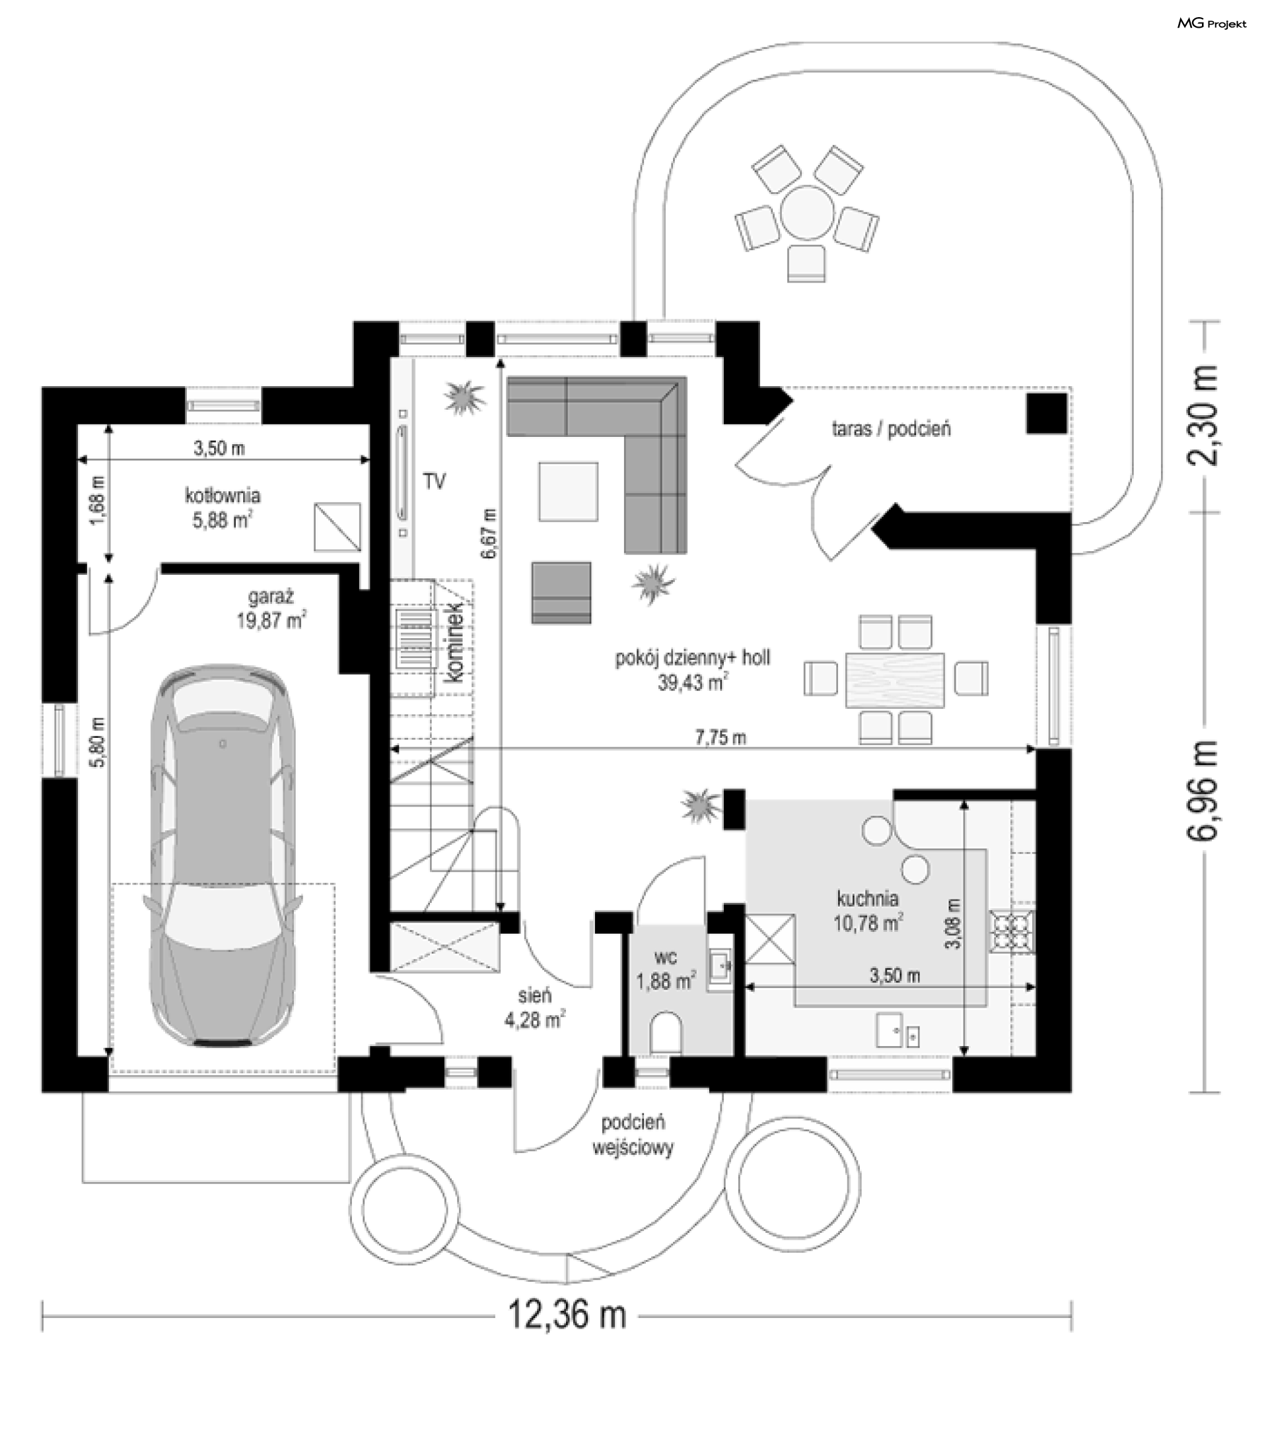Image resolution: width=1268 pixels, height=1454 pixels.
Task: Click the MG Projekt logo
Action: pos(1211,24)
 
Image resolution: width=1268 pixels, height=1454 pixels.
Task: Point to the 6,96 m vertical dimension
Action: pos(1203,791)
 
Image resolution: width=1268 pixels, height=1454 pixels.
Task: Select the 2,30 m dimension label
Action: pos(1203,416)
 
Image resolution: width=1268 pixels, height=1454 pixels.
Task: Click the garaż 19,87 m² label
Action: pos(271,609)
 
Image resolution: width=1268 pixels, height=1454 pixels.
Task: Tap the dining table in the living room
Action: pos(895,680)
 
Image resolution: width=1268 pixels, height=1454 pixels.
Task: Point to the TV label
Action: pos(435,482)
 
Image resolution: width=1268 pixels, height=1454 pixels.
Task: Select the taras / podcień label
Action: pos(891,428)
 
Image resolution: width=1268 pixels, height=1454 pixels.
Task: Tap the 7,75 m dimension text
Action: pos(721,738)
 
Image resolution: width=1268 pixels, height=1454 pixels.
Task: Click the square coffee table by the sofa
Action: pos(568,492)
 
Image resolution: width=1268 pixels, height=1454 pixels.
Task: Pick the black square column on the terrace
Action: pos(1047,413)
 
